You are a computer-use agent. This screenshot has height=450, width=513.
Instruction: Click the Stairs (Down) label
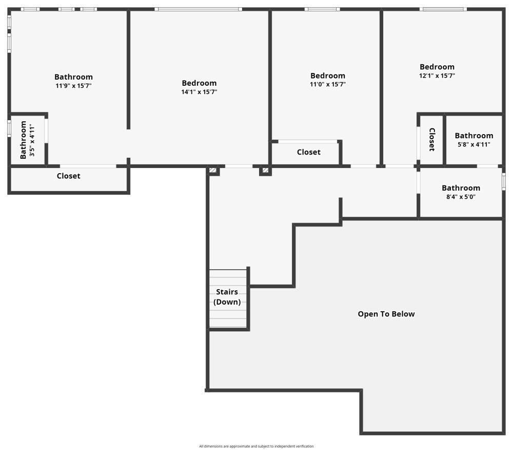[x=227, y=297]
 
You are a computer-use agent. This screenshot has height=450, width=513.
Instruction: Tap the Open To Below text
[x=386, y=314]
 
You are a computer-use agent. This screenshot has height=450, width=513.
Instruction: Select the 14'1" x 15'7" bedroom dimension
[x=199, y=92]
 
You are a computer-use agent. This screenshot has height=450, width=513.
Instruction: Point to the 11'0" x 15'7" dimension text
[x=328, y=84]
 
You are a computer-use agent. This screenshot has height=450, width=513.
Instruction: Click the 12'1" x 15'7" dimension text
[x=437, y=76]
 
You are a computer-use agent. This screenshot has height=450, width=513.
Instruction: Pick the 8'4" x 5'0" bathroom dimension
[x=461, y=197]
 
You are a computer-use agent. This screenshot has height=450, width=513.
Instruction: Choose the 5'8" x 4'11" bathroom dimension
[x=474, y=144]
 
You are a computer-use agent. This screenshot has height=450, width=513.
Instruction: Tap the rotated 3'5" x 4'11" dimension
[x=32, y=140]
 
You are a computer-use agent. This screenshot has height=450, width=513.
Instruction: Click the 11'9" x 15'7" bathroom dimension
[x=73, y=86]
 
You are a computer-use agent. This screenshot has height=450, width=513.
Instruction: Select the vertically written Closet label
[x=432, y=140]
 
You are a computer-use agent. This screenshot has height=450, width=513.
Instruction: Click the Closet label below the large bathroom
[x=68, y=176]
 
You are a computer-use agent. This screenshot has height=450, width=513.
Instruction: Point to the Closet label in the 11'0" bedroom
[x=308, y=152]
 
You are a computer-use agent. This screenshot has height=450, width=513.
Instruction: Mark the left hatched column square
[x=213, y=171]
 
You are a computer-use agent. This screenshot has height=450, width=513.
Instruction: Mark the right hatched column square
[x=265, y=171]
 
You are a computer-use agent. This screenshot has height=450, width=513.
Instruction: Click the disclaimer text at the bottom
[x=256, y=446]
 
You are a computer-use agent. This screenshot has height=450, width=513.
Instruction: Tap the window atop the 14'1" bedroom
[x=198, y=9]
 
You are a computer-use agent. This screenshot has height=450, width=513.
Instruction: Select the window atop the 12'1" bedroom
[x=443, y=9]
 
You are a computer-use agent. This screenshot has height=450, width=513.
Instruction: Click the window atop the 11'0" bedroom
[x=322, y=9]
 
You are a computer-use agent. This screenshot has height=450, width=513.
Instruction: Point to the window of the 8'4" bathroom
[x=504, y=181]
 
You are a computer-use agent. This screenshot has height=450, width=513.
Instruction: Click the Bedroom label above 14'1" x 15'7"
[x=199, y=83]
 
